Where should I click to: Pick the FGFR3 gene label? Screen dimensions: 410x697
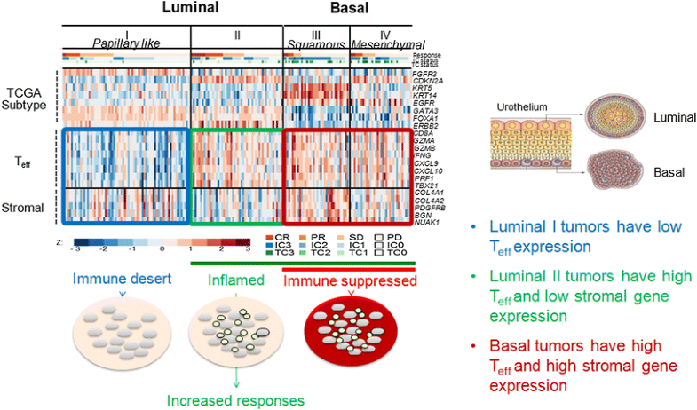coord(425,74)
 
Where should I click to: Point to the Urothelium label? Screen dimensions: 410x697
coord(521,107)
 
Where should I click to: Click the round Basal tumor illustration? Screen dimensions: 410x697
coord(615,172)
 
